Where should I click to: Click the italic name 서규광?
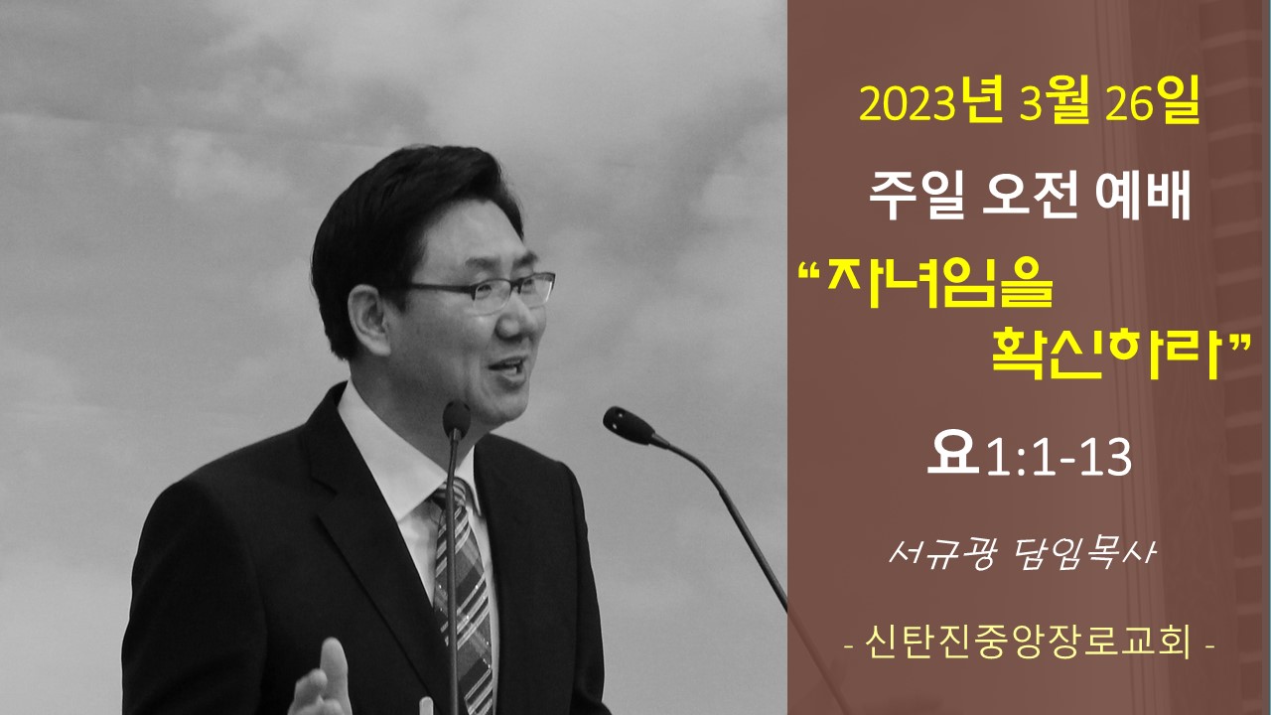tap(942, 553)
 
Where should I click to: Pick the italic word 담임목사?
tap(1083, 553)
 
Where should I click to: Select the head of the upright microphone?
tap(456, 420)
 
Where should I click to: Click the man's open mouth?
tap(507, 368)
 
